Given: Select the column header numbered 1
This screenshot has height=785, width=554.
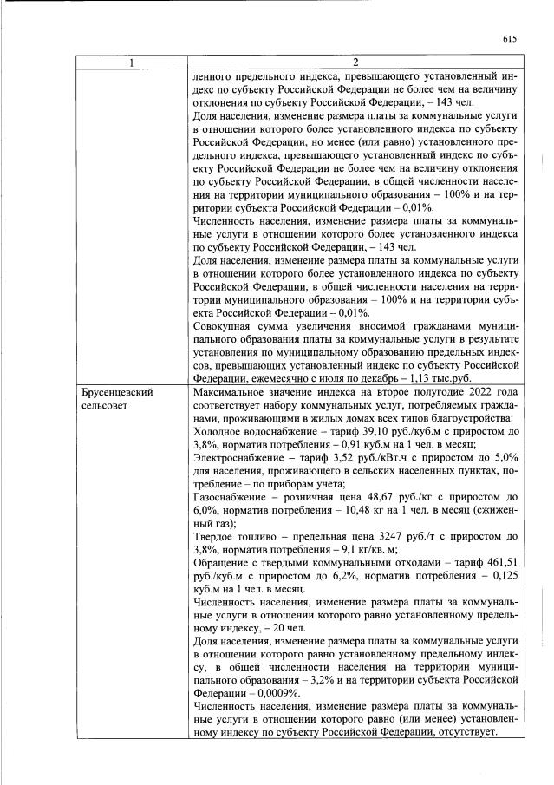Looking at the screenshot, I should [131, 62].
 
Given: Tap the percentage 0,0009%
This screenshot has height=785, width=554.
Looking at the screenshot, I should [260, 693].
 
